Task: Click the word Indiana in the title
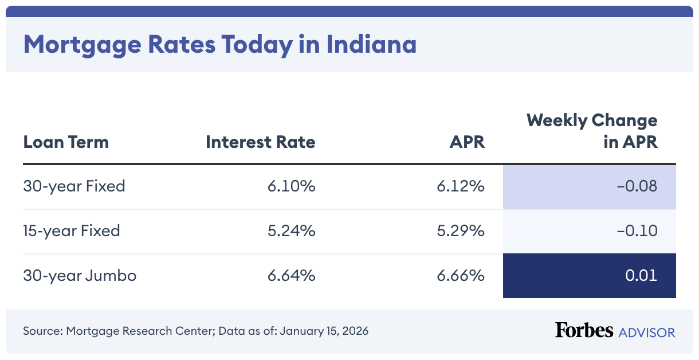(371, 44)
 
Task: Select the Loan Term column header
(66, 142)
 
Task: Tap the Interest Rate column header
(260, 142)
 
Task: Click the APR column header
(467, 142)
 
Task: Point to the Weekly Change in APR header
(592, 131)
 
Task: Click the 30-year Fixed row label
(74, 186)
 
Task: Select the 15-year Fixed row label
(72, 231)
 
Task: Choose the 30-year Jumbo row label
(80, 276)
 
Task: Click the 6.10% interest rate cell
(291, 186)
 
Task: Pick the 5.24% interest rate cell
(291, 231)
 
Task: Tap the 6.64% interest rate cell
(291, 276)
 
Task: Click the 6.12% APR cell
(461, 186)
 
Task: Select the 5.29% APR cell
(461, 231)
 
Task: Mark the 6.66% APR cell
(461, 276)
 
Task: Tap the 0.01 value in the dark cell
(641, 276)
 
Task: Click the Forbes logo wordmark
(583, 331)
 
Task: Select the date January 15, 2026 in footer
(325, 331)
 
